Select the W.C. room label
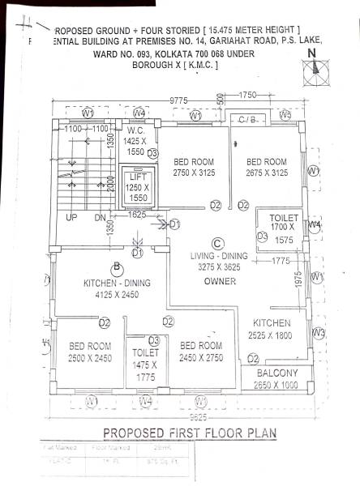(135, 130)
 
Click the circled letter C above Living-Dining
(216, 243)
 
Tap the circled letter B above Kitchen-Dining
(117, 266)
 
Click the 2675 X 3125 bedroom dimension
(267, 173)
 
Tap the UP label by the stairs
(71, 218)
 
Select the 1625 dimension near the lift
(138, 215)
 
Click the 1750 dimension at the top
(247, 96)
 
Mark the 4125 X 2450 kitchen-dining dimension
(118, 296)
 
